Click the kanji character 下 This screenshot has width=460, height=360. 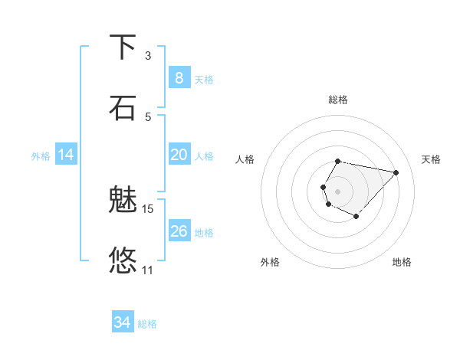123,47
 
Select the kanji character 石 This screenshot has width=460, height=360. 123,107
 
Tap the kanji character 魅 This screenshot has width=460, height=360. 123,200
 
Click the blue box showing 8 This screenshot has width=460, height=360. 179,78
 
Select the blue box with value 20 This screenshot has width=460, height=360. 179,155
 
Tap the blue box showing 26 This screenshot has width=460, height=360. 179,231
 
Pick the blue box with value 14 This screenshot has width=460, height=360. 66,155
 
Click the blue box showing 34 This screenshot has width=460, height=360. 123,322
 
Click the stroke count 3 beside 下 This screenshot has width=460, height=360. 148,55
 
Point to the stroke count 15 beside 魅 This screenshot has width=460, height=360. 148,208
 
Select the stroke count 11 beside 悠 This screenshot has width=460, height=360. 148,270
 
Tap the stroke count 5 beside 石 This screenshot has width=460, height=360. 148,116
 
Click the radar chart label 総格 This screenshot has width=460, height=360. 338,100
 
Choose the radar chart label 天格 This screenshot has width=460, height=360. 432,159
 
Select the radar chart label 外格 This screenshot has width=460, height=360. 270,262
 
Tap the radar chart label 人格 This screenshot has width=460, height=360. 245,159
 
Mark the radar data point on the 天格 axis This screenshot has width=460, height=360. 396,172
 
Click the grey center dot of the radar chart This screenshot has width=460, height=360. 337,191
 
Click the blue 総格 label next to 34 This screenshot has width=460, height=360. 147,324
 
